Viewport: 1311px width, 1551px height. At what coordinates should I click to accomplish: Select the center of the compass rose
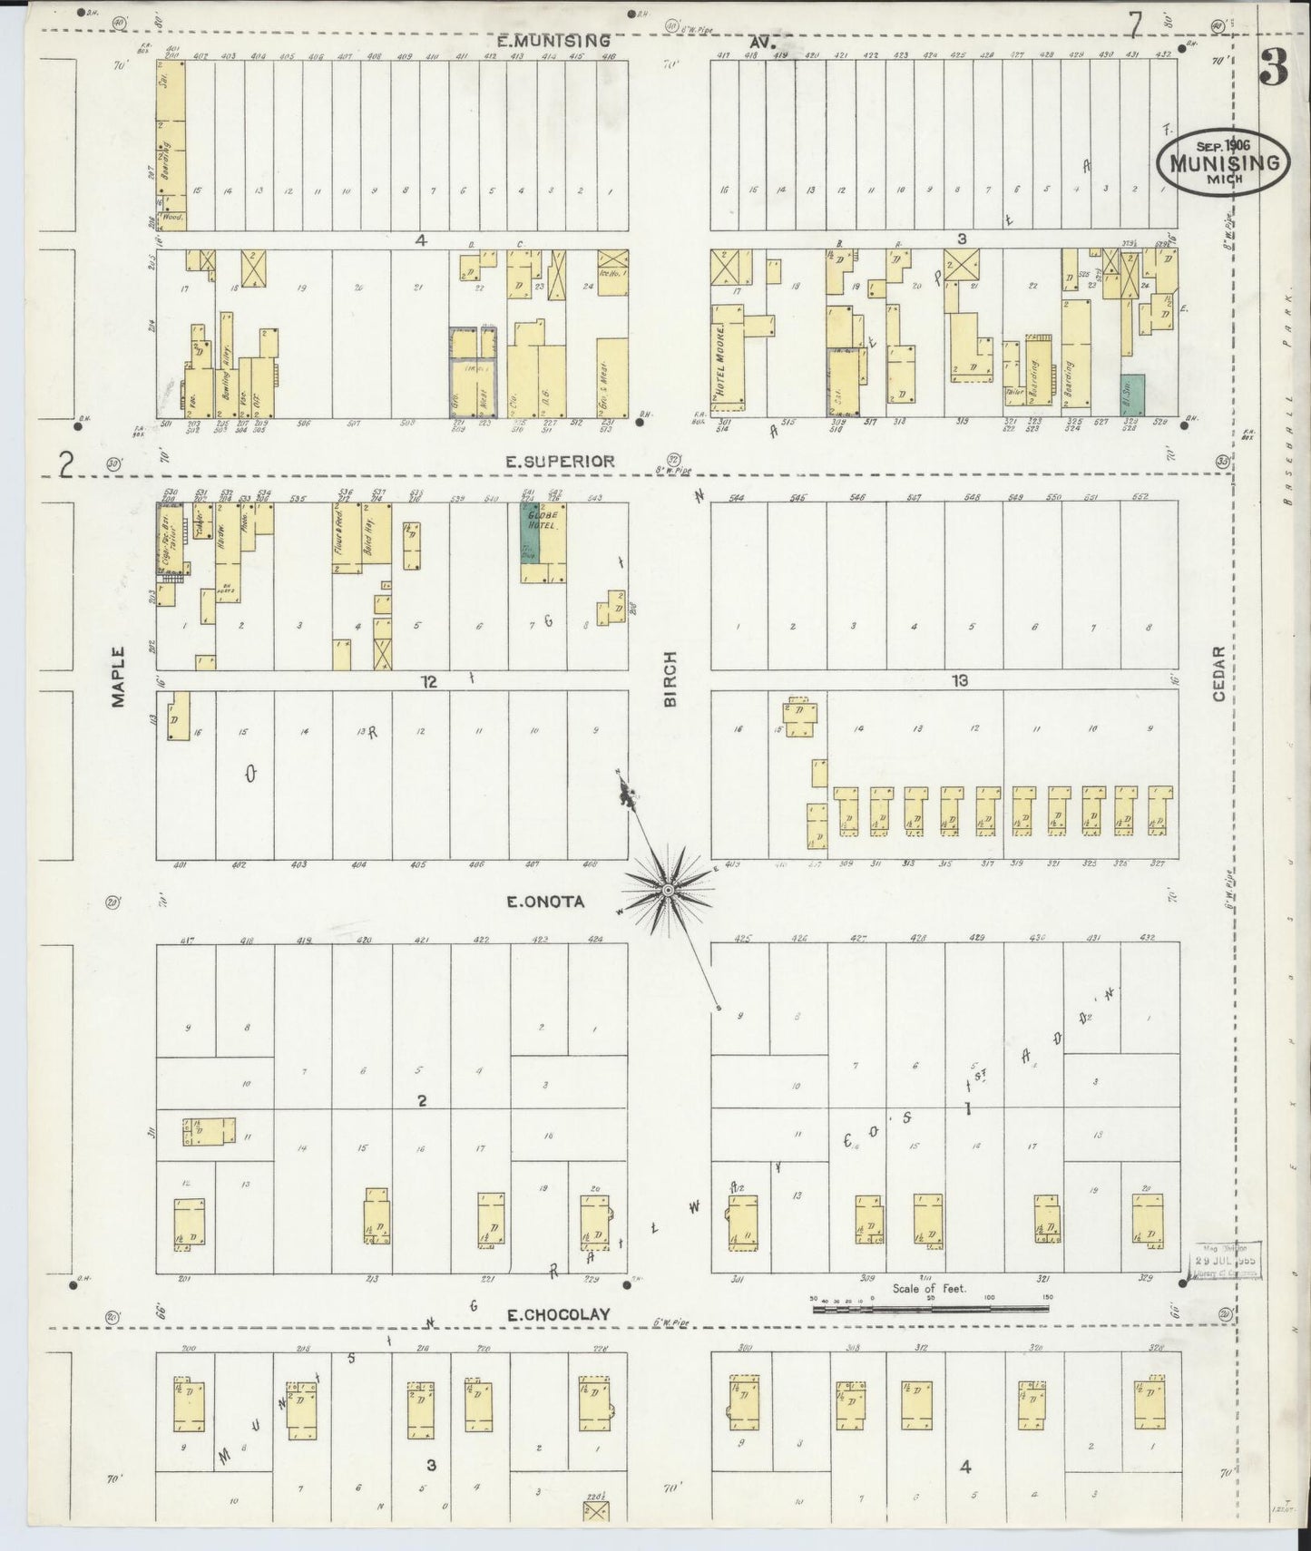tap(668, 891)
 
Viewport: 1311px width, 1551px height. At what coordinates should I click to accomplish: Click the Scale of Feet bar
tap(930, 1308)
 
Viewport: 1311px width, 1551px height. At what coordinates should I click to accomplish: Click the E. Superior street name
tap(560, 461)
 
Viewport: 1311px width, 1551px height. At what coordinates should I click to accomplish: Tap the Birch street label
tap(671, 678)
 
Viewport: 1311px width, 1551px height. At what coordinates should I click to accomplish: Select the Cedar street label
tap(1219, 673)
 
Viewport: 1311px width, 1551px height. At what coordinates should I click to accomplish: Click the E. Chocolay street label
tap(558, 1314)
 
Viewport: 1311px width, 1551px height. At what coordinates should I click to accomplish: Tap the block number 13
tap(960, 680)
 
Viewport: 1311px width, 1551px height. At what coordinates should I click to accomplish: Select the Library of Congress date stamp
tap(1225, 1261)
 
